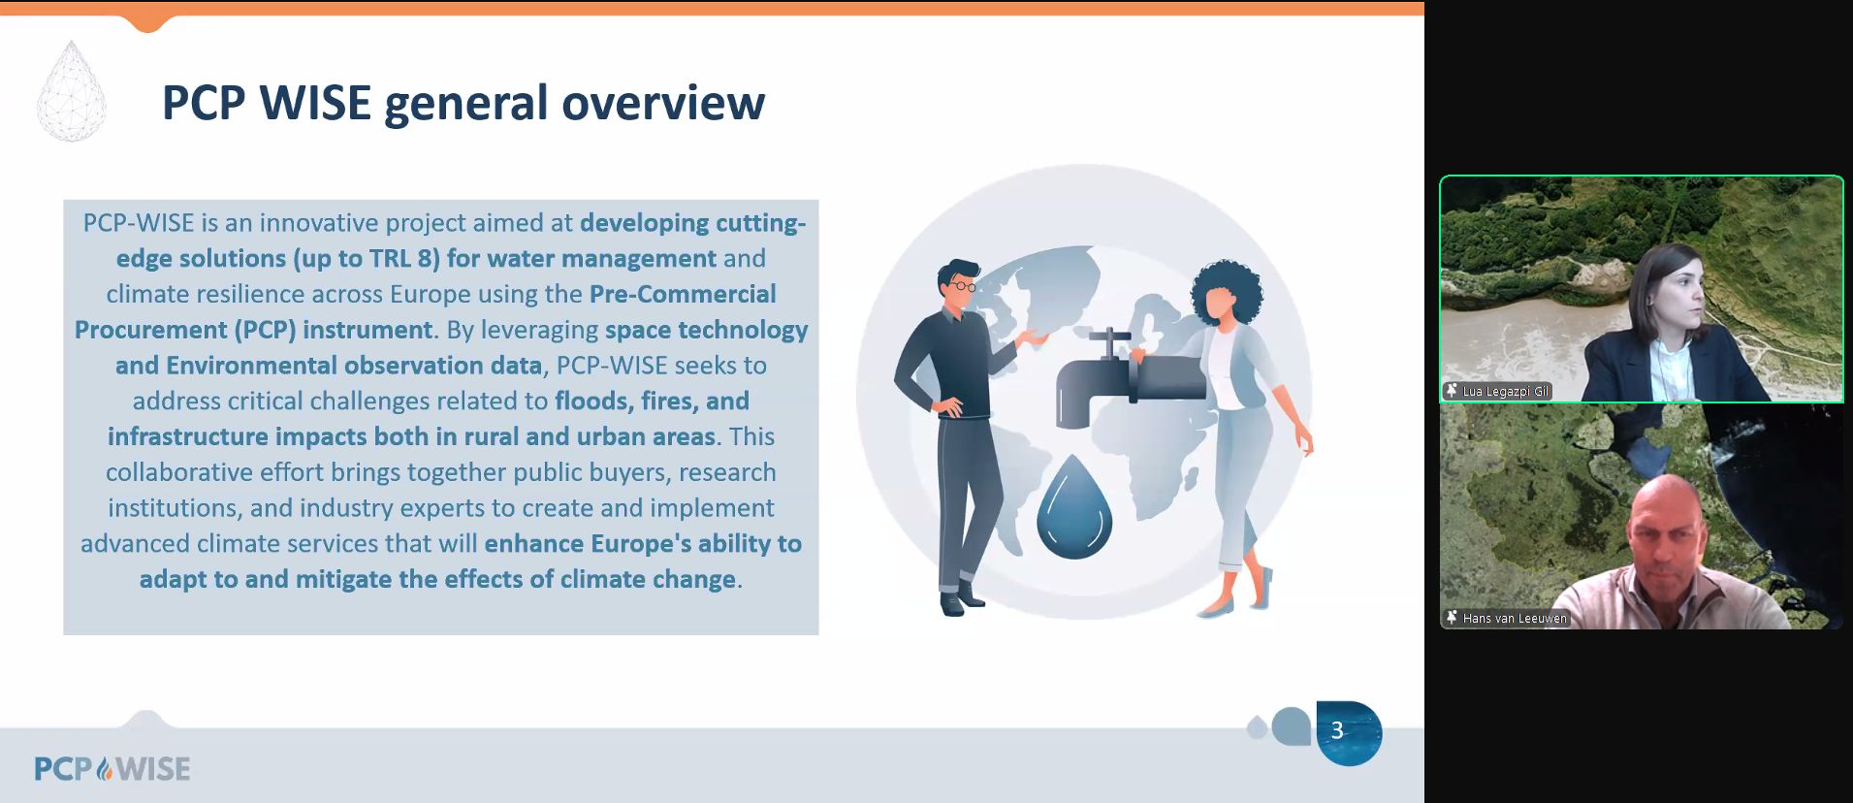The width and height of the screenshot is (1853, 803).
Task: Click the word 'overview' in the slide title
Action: pyautogui.click(x=663, y=103)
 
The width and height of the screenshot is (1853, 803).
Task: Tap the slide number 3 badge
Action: pyautogui.click(x=1348, y=733)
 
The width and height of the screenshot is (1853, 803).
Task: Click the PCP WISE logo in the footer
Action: pyautogui.click(x=112, y=769)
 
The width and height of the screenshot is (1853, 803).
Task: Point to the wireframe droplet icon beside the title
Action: pyautogui.click(x=71, y=91)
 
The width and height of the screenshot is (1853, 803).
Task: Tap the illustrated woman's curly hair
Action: pyautogui.click(x=1227, y=291)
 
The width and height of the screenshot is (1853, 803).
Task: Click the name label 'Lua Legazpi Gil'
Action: pyautogui.click(x=1505, y=392)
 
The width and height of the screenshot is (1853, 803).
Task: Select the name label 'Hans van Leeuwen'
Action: pyautogui.click(x=1515, y=619)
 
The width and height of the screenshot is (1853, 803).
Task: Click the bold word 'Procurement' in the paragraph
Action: pyautogui.click(x=151, y=330)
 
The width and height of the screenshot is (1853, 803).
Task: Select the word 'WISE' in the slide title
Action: pyautogui.click(x=315, y=103)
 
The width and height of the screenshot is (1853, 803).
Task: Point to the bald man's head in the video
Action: pyautogui.click(x=1667, y=525)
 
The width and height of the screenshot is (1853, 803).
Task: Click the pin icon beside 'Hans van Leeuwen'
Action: pyautogui.click(x=1452, y=618)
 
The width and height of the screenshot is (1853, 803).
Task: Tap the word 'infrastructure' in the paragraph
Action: pyautogui.click(x=188, y=436)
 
